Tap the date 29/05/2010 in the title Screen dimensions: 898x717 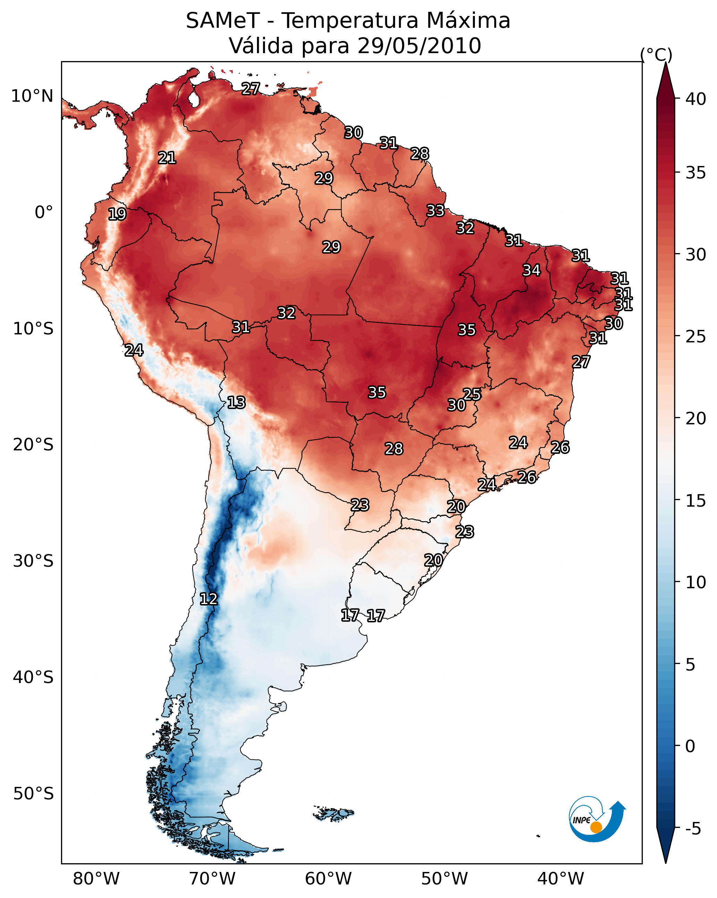click(x=419, y=46)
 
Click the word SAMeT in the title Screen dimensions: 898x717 click(x=223, y=21)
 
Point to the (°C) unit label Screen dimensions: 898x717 click(x=656, y=55)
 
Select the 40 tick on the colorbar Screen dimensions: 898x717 click(x=696, y=99)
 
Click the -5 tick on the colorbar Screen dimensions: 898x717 click(x=692, y=829)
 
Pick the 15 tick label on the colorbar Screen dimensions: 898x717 click(x=696, y=501)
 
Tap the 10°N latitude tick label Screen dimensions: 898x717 click(x=32, y=96)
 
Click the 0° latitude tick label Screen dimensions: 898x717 click(x=44, y=213)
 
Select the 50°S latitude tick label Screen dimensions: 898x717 click(x=33, y=794)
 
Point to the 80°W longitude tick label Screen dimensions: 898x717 click(x=96, y=879)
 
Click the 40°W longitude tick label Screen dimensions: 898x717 click(x=561, y=879)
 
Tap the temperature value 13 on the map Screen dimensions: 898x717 click(x=236, y=402)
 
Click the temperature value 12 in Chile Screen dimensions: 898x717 click(x=208, y=599)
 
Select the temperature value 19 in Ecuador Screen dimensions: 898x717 click(x=117, y=214)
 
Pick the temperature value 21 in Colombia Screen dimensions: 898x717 click(x=167, y=158)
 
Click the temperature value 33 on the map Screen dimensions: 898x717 click(x=435, y=211)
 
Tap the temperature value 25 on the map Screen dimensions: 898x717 click(x=472, y=394)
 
